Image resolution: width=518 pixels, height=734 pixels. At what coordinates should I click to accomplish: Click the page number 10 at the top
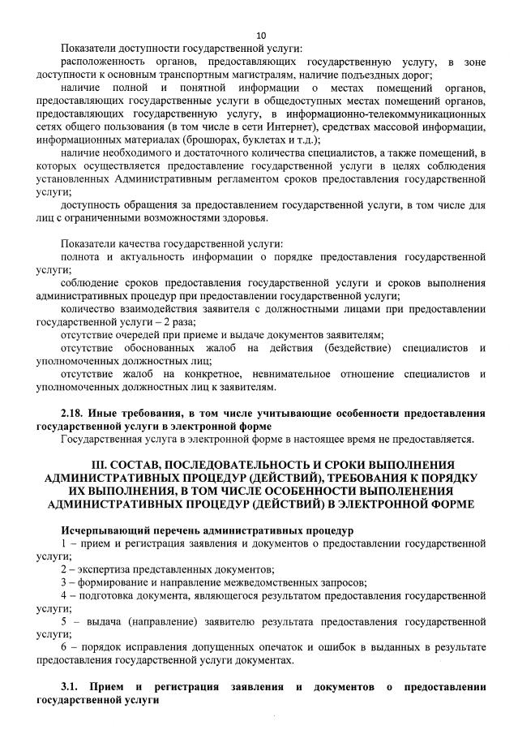point(260,35)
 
